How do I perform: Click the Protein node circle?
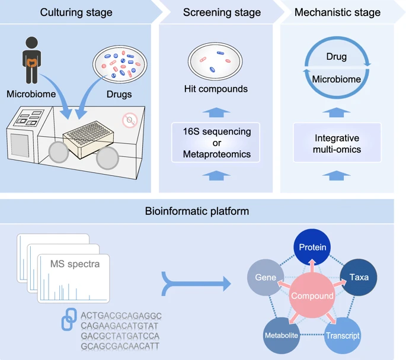click(312, 247)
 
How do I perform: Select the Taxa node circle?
click(359, 277)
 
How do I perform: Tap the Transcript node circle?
click(342, 335)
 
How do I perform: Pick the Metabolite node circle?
click(281, 335)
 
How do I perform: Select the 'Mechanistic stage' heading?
click(337, 12)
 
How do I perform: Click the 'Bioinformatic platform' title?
click(197, 211)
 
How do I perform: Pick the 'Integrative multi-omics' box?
click(337, 143)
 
